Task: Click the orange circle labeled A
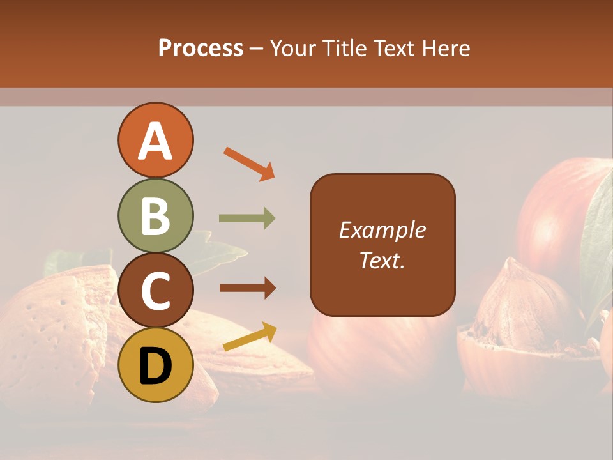point(156,140)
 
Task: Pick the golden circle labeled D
point(156,365)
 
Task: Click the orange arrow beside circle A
point(249,163)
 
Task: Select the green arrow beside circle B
point(247,218)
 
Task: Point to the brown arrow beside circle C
point(247,287)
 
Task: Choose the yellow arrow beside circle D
point(250,337)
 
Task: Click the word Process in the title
point(201,49)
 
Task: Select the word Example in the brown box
point(382,230)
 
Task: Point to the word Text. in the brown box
point(382,261)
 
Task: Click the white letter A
point(156,141)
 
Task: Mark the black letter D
point(156,366)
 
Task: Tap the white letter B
point(156,217)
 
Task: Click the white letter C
point(156,291)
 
